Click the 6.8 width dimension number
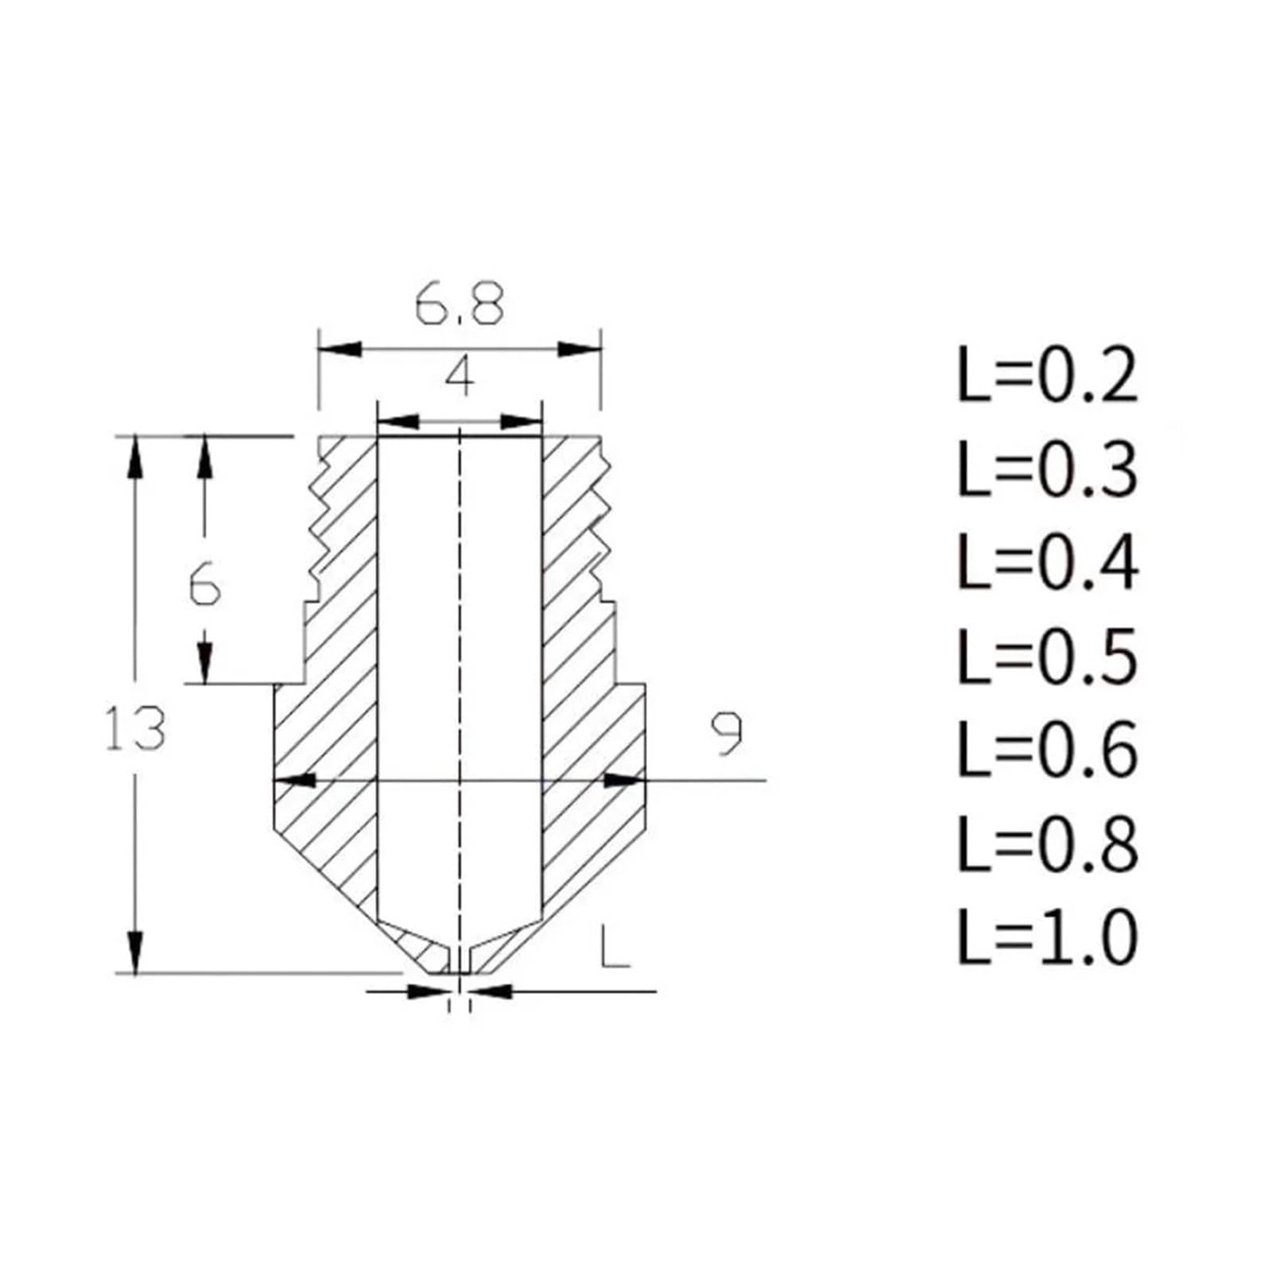[x=460, y=304]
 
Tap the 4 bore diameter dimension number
[x=460, y=376]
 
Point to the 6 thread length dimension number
[x=205, y=588]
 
